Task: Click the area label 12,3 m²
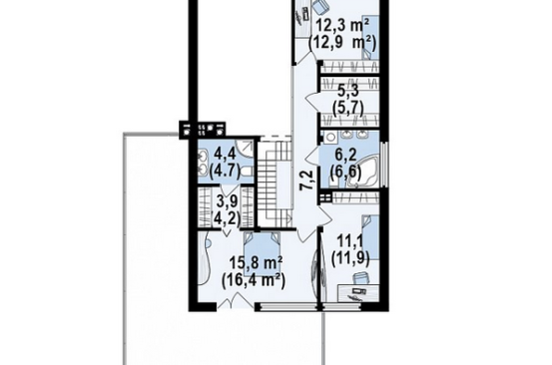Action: click(342, 26)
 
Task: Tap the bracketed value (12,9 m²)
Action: click(342, 44)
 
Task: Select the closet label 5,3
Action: click(347, 91)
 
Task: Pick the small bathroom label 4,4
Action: click(225, 155)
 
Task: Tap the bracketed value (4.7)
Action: click(225, 172)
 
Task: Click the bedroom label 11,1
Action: click(350, 241)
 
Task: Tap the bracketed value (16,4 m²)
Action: click(254, 280)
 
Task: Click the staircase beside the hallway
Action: click(276, 183)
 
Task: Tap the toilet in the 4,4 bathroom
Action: click(247, 172)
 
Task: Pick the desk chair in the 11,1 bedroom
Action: click(359, 278)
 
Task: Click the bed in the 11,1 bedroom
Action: click(370, 237)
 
